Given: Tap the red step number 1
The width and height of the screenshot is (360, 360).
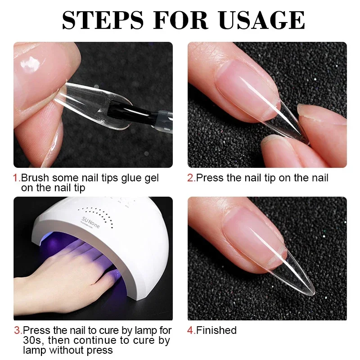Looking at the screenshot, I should [16, 178].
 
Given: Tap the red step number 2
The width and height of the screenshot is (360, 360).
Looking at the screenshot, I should [190, 178].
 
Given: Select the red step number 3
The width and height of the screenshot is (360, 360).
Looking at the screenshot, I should [17, 330].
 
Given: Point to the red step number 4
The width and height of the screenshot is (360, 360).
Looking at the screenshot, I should [190, 330].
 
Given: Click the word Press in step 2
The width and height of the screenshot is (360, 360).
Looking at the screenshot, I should [210, 178].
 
